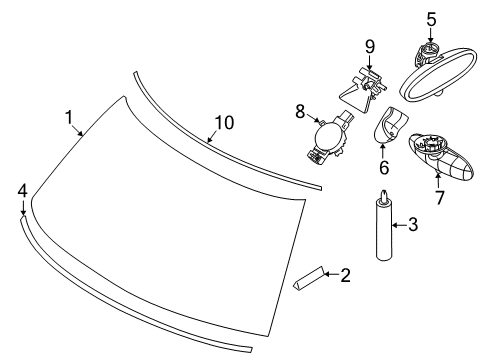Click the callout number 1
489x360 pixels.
(x=69, y=117)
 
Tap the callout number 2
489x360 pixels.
(x=346, y=276)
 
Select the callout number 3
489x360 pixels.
(x=413, y=225)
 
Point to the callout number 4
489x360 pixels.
(x=22, y=191)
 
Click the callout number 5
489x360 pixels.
(x=431, y=19)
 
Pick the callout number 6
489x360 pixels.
(x=384, y=167)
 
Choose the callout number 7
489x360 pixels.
(x=440, y=198)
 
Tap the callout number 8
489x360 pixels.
(x=300, y=111)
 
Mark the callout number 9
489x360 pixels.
(x=370, y=47)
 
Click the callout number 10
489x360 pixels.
(x=224, y=123)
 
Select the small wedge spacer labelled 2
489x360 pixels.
(x=308, y=278)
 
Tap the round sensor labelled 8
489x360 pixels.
(x=328, y=138)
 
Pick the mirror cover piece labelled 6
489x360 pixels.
(x=390, y=125)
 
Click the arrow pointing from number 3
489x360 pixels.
(x=399, y=225)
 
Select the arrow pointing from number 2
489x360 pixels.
(x=332, y=274)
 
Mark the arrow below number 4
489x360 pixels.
(x=23, y=208)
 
